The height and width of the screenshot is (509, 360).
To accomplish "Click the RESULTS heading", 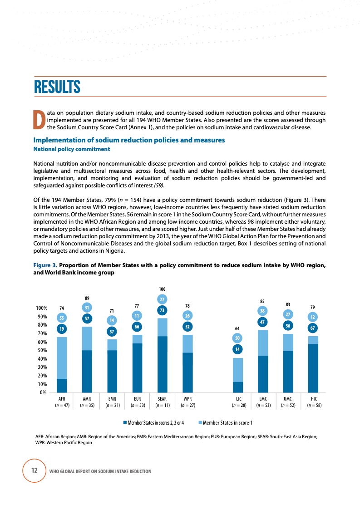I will pos(57,87).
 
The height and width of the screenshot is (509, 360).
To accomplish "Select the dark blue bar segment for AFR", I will pos(62,385).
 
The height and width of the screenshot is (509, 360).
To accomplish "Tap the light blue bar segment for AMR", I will pos(87,338).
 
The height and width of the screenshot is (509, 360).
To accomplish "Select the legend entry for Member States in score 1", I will pos(227,423).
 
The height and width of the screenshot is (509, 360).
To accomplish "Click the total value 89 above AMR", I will pos(87,298).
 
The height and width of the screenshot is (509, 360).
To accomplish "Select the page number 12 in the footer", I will pos(34,470).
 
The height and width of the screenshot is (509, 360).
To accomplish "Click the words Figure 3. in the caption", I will pos(45,265).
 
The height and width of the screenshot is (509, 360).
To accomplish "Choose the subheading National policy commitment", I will pos(72,149).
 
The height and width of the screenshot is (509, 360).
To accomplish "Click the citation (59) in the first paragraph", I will pos(158,185).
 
